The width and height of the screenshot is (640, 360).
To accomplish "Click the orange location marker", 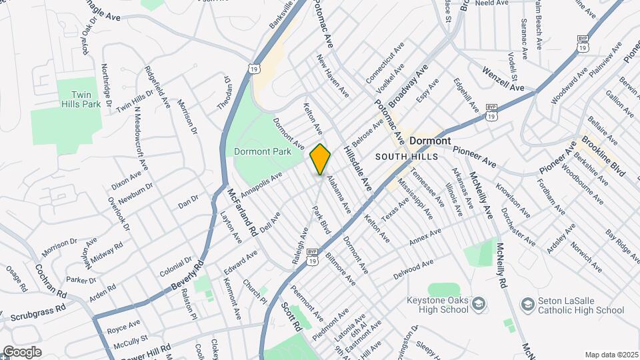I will point(320,159).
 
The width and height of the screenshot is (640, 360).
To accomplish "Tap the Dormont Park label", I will point(263,151).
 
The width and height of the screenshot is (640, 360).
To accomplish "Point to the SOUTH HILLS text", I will point(405,157).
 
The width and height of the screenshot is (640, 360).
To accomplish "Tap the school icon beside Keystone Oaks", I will point(478,305).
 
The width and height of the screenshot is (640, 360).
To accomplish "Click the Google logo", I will point(22,351).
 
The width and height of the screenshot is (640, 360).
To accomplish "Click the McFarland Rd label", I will point(242,213).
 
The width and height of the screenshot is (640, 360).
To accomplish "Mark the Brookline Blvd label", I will point(603,156).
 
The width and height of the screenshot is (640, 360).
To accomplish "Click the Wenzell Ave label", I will point(504,78).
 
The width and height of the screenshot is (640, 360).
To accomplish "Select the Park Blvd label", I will point(322,219).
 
